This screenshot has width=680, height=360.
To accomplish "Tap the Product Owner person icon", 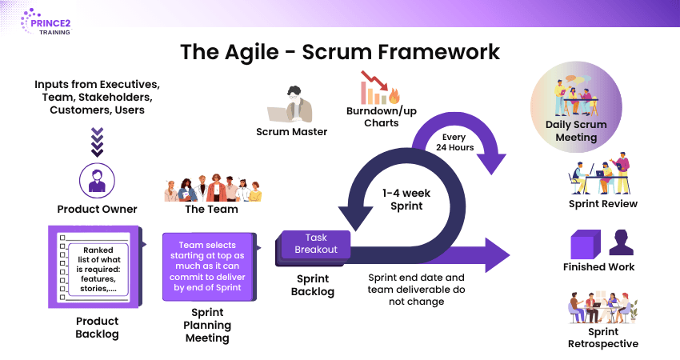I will click(97, 180).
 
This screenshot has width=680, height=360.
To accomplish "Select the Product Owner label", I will click(97, 209).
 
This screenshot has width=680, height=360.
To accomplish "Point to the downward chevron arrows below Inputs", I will click(98, 142).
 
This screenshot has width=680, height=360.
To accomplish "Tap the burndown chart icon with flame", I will click(378, 89).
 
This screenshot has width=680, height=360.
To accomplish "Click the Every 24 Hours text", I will click(455, 142).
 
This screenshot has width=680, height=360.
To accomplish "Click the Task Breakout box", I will click(316, 243).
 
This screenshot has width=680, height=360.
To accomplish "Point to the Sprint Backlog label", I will click(311, 285).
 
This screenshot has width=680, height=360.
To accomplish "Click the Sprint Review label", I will click(602, 203).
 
